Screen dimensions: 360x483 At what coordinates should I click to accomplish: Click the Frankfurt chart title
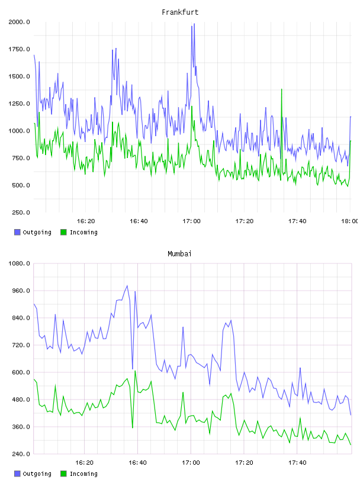point(180,12)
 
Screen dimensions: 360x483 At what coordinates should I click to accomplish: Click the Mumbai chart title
point(179,254)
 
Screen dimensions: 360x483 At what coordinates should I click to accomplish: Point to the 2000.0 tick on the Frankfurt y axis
point(19,22)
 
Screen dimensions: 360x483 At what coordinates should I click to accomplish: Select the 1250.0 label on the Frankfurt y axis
point(19,104)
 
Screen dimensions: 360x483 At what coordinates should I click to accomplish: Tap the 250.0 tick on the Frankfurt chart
point(21,212)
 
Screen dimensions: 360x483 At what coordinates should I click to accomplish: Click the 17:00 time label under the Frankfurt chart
point(191,221)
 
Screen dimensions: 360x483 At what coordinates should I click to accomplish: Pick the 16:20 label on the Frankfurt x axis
point(86,221)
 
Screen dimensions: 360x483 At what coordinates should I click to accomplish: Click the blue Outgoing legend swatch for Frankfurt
point(17,232)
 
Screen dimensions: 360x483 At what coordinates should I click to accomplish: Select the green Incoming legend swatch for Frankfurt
point(63,232)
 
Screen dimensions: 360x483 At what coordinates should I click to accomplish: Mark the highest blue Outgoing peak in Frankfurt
point(194,24)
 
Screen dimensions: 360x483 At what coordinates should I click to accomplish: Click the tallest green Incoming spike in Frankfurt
point(281,89)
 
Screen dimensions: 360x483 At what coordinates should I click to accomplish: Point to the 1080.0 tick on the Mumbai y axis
point(19,263)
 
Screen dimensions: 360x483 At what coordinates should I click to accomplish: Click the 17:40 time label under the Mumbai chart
point(297,463)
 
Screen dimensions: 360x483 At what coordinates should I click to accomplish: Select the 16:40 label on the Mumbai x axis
point(138,463)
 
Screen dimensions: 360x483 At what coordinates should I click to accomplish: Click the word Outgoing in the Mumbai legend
point(37,474)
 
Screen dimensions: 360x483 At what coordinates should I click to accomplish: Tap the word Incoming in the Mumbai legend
point(83,474)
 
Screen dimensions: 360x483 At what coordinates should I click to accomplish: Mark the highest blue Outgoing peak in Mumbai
point(127,286)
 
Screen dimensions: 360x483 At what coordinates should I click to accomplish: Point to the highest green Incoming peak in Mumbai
point(135,371)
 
